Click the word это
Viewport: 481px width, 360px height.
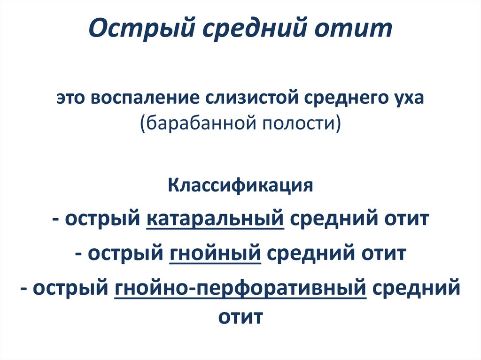(72, 100)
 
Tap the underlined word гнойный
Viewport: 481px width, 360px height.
(214, 254)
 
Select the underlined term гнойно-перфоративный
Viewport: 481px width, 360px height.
(240, 288)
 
